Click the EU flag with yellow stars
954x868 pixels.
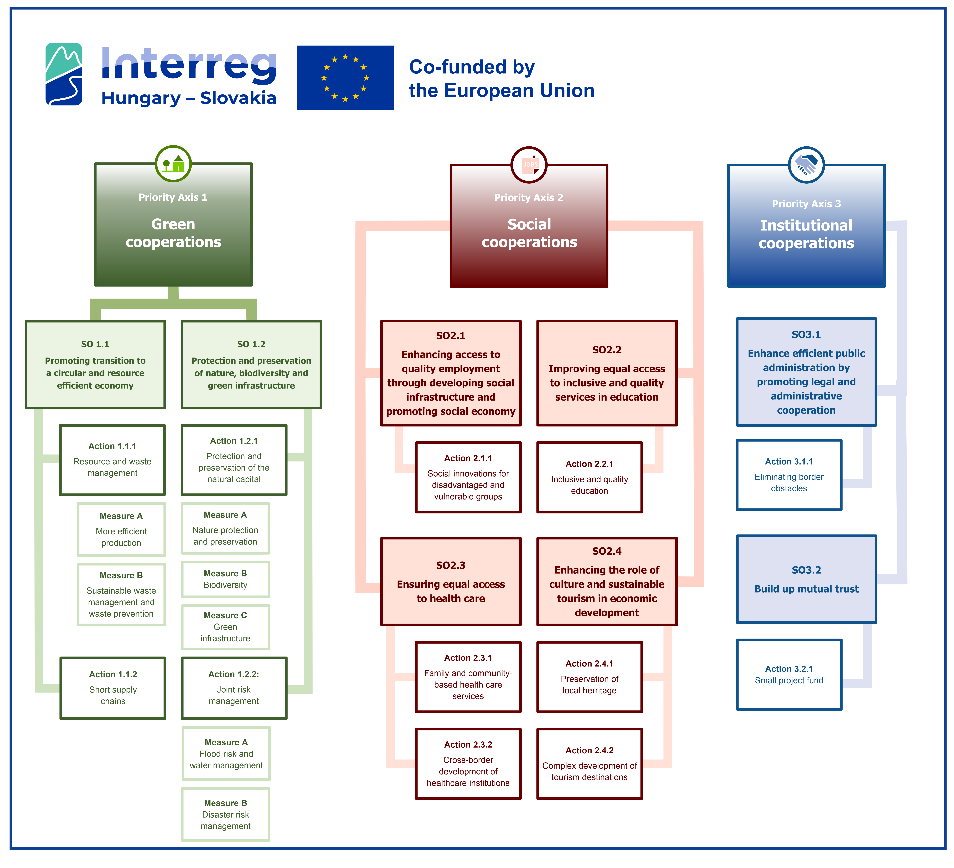coord(345,78)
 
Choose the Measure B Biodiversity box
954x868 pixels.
coord(225,579)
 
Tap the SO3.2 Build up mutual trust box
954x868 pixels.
coord(806,579)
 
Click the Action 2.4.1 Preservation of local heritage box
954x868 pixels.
coord(590,677)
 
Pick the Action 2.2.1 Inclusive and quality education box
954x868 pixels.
coord(590,477)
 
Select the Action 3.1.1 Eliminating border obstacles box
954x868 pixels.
coord(789,475)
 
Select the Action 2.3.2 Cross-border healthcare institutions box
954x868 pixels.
coord(468,764)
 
